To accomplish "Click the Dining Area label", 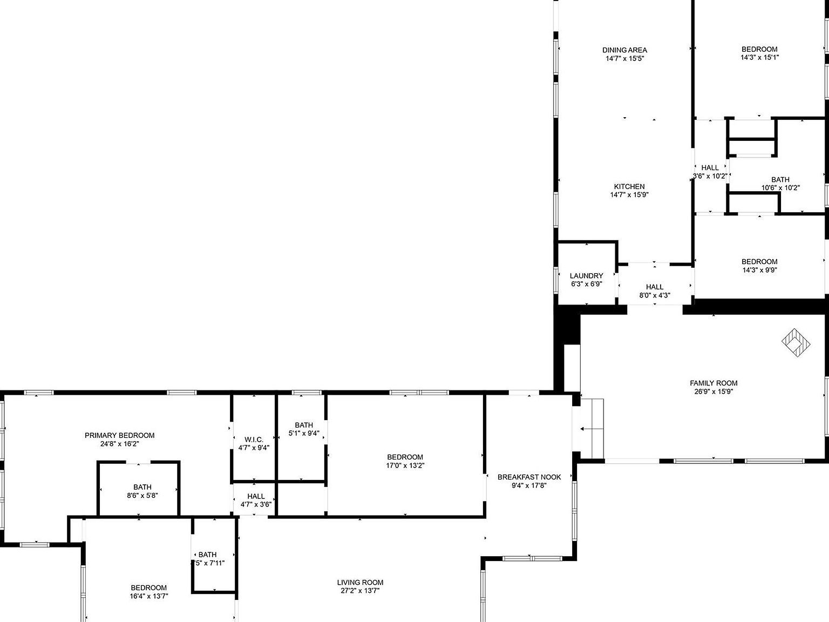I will point(624,50).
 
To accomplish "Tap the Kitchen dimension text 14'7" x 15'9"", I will point(629,195).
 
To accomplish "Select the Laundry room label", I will point(586,276).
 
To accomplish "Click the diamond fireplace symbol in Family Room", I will point(796,342).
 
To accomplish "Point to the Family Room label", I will point(714,383).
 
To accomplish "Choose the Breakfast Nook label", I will point(529,477).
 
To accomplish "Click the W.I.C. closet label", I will point(254,440).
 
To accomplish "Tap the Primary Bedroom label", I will point(119,435).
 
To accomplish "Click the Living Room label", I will point(360,583).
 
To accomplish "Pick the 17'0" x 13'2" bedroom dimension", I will point(405,465).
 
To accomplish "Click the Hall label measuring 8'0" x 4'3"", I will point(654,287).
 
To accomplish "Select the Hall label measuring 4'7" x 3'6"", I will point(256,497).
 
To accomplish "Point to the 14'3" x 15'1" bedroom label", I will point(759,50).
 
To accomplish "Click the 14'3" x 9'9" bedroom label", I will point(759,262).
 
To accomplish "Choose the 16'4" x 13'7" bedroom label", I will point(148,588).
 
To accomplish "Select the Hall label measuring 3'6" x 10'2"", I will point(710,168).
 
